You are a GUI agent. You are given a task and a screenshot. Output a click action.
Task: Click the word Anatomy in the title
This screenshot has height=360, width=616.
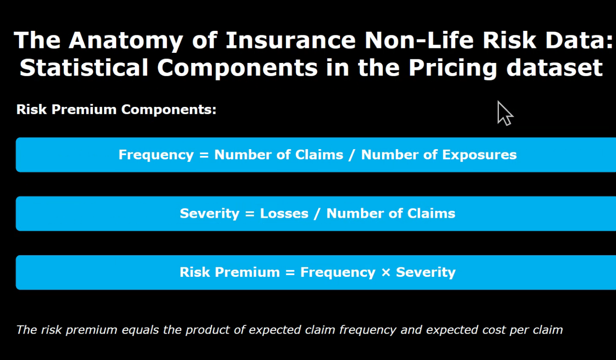(x=125, y=40)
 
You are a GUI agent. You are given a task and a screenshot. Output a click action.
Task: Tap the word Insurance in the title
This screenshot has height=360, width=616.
(x=290, y=40)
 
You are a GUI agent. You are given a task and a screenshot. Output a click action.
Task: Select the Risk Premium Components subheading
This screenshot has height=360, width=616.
(x=116, y=110)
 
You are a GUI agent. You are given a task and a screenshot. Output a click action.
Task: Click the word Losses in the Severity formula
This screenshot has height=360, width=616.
(x=284, y=213)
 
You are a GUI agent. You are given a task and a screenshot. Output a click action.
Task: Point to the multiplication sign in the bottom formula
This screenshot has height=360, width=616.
(x=386, y=272)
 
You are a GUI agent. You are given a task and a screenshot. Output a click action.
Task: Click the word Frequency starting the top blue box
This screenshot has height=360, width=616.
(x=156, y=155)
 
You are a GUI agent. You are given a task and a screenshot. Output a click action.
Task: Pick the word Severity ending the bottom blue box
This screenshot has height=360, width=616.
(x=426, y=272)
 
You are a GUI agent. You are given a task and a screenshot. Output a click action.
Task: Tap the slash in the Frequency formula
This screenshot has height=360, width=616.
(x=352, y=155)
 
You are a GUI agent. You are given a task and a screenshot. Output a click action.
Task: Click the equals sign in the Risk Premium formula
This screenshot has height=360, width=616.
(x=290, y=272)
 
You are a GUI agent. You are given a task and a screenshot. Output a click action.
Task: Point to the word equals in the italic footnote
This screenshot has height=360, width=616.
(x=140, y=330)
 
